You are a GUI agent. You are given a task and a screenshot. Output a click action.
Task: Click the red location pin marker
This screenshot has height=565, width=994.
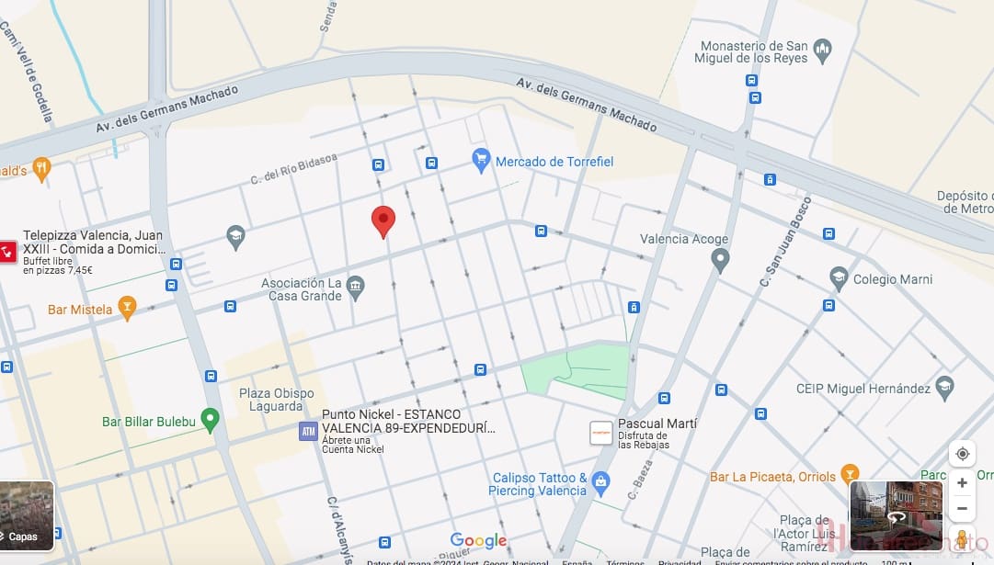(x=383, y=221)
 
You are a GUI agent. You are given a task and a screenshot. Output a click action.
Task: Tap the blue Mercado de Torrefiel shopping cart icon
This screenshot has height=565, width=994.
(x=480, y=161)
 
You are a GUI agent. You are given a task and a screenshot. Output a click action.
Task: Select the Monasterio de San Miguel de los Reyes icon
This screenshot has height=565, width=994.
(x=823, y=48)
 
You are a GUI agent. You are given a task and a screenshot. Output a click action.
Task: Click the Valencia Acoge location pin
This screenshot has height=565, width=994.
(x=721, y=260)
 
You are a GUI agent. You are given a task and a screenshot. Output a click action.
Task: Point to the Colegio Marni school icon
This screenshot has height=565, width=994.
(x=838, y=278)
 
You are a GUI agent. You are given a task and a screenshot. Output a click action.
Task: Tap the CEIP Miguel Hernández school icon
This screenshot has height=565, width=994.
(x=944, y=388)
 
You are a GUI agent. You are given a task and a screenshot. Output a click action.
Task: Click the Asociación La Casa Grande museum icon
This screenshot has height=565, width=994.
(x=356, y=289)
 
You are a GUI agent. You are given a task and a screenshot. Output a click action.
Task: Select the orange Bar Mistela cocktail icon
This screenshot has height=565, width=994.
(x=128, y=309)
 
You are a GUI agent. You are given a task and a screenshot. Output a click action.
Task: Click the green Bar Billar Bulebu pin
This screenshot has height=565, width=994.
(x=210, y=421)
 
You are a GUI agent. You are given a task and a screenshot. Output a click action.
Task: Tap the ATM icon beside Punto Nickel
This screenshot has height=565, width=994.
(x=308, y=431)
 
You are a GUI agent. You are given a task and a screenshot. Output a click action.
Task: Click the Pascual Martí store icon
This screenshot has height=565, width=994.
(x=600, y=433)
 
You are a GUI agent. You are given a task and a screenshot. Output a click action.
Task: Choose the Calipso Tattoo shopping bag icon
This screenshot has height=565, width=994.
(x=600, y=482)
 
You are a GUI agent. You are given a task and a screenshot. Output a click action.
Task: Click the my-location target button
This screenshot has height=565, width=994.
(x=962, y=454)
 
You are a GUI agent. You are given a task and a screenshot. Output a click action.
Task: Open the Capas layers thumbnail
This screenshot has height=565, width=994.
(x=27, y=515)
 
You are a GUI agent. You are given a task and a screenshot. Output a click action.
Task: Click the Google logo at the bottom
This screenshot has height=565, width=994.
(x=478, y=540)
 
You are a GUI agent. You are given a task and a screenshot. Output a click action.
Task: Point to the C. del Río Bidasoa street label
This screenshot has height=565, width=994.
(x=294, y=169)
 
